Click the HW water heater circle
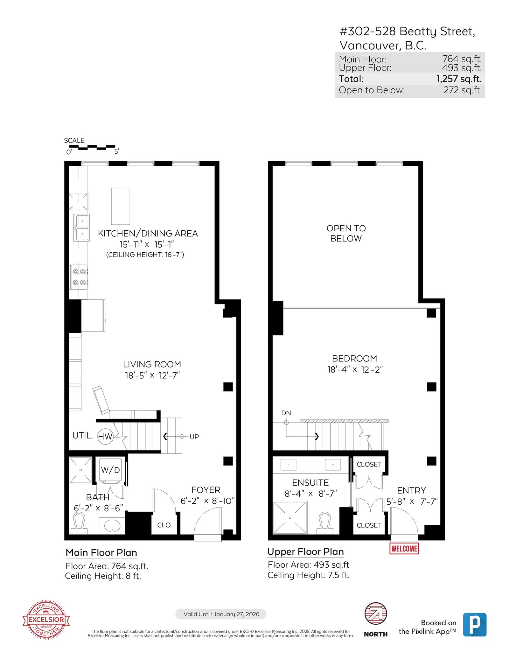105,436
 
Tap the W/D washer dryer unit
110,470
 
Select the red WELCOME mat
404,548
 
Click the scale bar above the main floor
92,147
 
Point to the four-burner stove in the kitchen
79,277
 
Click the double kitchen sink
81,228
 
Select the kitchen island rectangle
121,206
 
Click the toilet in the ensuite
325,523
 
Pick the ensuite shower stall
290,518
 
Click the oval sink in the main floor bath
112,526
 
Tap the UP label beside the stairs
194,437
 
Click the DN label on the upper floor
286,413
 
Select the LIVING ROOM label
152,364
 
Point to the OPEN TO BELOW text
346,233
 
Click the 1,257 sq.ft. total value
459,79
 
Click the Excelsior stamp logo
46,620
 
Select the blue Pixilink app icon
475,625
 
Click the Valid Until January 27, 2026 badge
221,614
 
